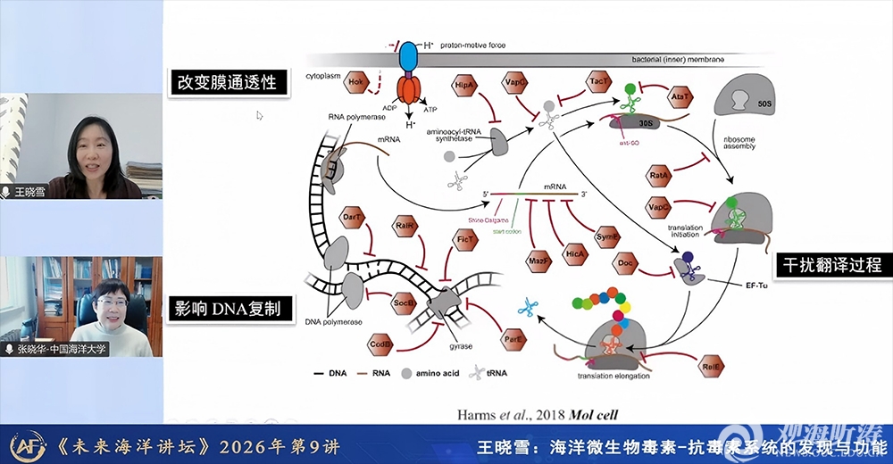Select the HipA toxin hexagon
pyautogui.click(x=464, y=84)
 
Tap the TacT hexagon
pyautogui.click(x=599, y=81)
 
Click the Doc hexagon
pyautogui.click(x=625, y=263)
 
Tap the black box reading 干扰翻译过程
pyautogui.click(x=831, y=265)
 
